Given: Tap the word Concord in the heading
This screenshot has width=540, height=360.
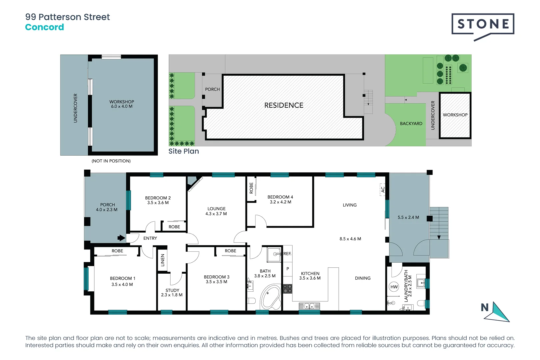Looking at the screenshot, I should tap(44, 27).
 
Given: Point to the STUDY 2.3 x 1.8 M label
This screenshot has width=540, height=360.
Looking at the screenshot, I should tap(172, 293).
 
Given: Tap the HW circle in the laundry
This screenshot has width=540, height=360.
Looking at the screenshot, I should tap(394, 287).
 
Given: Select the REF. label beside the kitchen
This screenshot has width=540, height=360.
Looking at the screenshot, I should tap(287, 254).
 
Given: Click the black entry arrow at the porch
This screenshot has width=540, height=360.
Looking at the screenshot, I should tap(121, 238).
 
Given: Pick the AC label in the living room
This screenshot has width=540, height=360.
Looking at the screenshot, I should tap(383, 189).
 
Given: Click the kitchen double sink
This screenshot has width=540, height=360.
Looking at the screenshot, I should tap(309, 306).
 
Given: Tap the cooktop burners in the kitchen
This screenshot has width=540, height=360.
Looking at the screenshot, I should tap(288, 289).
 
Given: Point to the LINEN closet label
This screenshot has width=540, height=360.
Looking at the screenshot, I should tap(163, 260).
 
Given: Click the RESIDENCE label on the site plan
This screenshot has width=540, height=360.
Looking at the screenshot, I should tap(284, 105).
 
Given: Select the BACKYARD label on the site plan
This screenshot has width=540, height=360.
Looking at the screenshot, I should tap(411, 124).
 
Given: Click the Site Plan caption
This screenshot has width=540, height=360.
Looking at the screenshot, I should tap(184, 151).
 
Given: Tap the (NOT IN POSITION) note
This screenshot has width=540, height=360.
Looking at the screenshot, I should tap(111, 161).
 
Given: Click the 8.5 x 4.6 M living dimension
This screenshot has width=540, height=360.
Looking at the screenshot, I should tap(350, 239).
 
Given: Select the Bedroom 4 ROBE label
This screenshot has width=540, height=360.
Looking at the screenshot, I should tap(251, 188).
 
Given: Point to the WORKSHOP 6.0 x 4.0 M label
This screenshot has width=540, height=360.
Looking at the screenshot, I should tap(122, 104).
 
